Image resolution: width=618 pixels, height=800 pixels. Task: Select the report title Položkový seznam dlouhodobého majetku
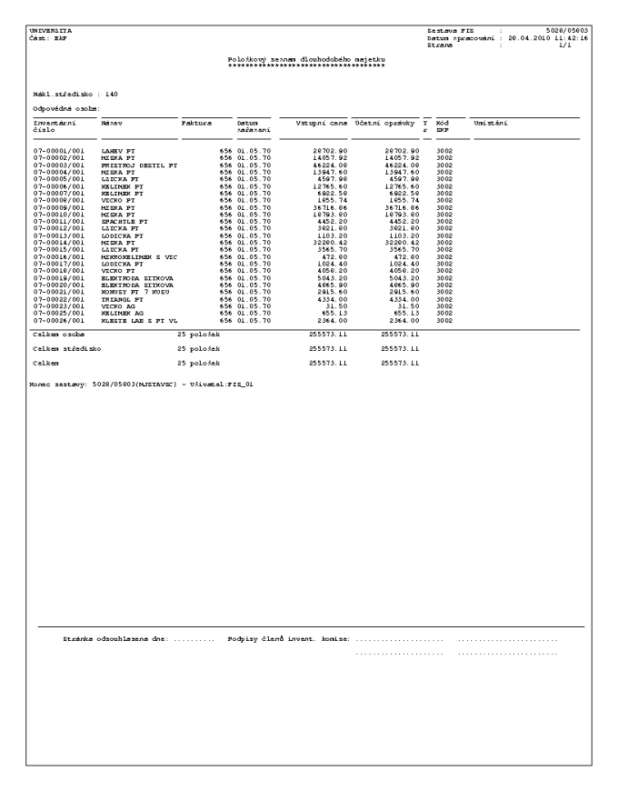pos(308,59)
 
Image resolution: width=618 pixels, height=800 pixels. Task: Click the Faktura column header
pos(196,122)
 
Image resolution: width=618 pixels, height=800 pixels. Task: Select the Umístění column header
pos(490,122)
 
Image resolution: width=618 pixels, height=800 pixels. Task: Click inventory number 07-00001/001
pos(58,148)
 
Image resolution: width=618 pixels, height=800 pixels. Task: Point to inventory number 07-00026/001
pos(58,320)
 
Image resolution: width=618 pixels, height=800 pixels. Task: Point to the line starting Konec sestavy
pos(140,384)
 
